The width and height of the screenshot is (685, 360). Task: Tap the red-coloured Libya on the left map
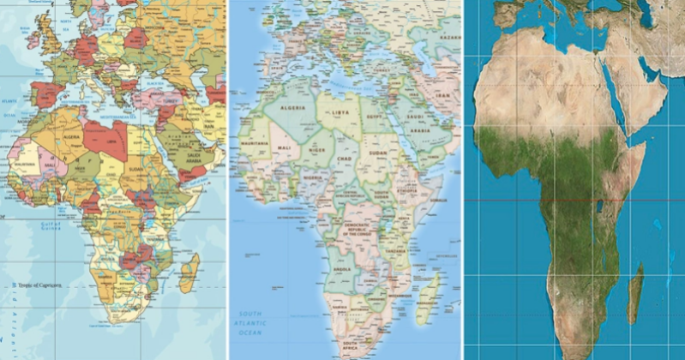(x=107, y=137)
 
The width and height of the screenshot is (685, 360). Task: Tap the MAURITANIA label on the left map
(x=25, y=163)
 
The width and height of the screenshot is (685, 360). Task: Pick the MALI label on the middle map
(x=285, y=148)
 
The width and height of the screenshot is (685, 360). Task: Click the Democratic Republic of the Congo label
(x=360, y=231)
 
